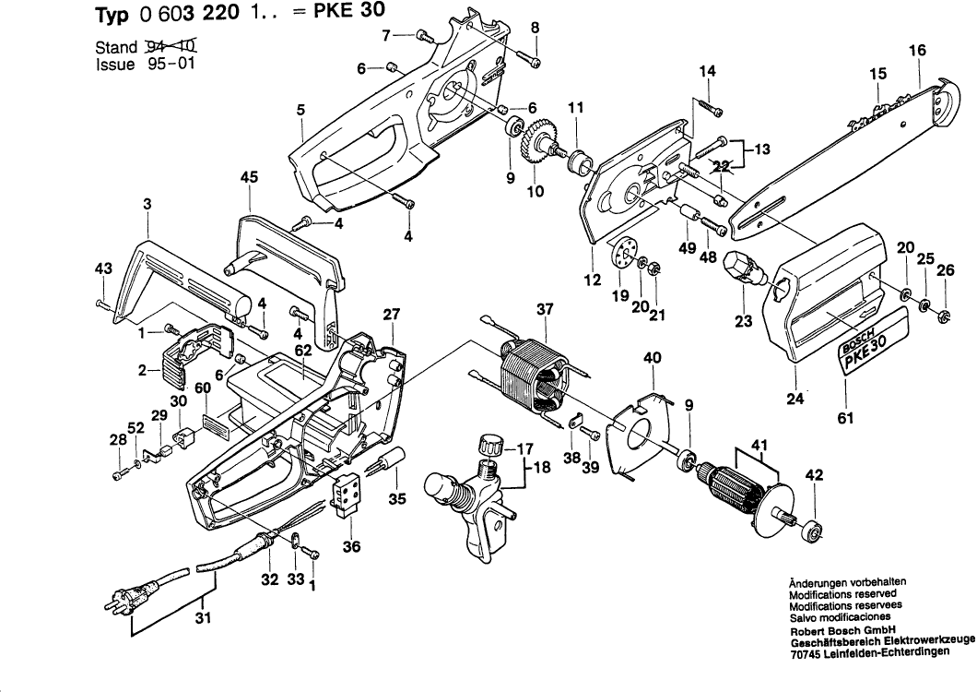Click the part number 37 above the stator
[x=546, y=309]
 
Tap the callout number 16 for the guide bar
[x=917, y=50]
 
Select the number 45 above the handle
[x=249, y=178]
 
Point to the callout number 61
[x=845, y=417]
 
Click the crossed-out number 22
[x=723, y=167]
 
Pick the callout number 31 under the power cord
[x=203, y=618]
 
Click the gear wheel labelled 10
[x=535, y=145]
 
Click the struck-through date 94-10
[x=171, y=45]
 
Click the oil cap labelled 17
[x=491, y=447]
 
